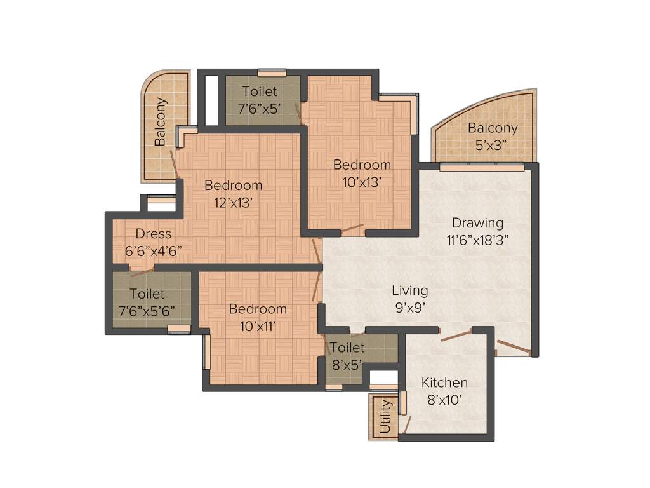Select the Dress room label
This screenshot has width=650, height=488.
coord(153,234)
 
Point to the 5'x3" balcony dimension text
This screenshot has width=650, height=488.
coord(493,145)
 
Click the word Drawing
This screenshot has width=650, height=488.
coord(477,223)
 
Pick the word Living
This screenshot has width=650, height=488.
coord(409,290)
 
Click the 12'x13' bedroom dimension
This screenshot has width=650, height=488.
coord(233,203)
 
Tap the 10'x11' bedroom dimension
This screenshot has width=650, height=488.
coord(258,326)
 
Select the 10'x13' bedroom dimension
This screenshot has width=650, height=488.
coord(362,182)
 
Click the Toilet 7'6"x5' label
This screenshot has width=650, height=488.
coord(259,100)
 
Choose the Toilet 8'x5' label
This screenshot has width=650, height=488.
coord(347,356)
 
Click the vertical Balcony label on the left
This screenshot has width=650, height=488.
coord(161,121)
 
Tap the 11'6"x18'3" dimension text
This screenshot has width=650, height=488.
coord(477,240)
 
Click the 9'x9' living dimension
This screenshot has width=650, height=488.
coord(409,308)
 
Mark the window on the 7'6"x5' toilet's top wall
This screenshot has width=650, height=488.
coord(272,72)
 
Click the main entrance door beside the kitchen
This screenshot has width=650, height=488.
coord(514,347)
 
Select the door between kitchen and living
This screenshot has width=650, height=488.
coord(454,335)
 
